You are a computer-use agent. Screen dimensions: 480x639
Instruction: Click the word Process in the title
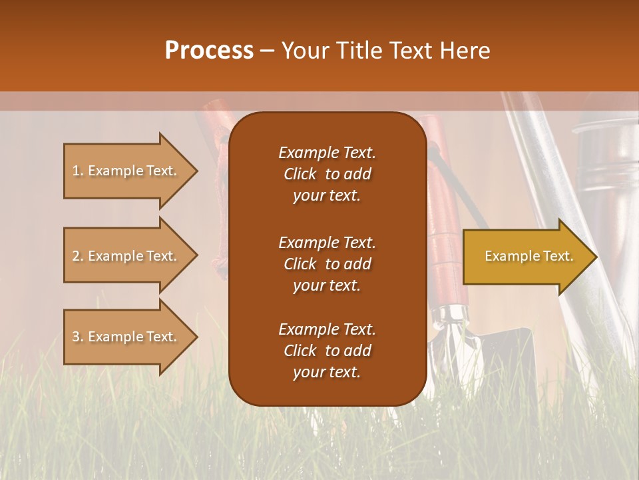click(x=209, y=51)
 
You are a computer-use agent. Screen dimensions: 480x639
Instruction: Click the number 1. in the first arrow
click(x=78, y=171)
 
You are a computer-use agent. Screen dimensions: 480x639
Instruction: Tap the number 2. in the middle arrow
click(x=78, y=256)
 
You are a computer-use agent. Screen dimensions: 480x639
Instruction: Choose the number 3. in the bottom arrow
click(x=78, y=337)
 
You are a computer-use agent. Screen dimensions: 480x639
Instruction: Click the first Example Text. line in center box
click(x=327, y=153)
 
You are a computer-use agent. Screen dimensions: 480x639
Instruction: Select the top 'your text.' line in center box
click(x=327, y=196)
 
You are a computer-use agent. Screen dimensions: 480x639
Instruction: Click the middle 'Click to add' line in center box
click(x=327, y=264)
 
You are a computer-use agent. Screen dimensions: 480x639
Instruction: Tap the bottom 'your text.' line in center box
click(x=327, y=373)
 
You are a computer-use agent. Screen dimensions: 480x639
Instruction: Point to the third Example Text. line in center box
click(x=327, y=329)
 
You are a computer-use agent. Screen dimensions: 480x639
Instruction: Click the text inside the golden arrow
click(x=529, y=256)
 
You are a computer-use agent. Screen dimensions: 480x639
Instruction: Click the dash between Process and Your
click(x=267, y=51)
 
